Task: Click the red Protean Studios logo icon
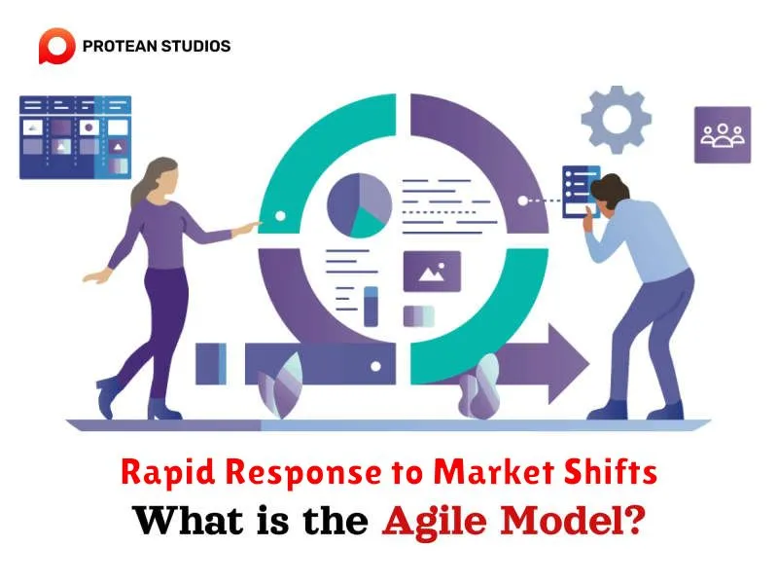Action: pos(56,46)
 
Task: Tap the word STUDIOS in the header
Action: pos(196,46)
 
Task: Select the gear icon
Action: pos(617,120)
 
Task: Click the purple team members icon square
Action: pos(723,134)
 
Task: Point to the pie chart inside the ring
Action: pos(359,205)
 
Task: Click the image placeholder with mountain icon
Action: pos(432,272)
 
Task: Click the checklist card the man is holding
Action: pos(580,192)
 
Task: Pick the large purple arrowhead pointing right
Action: pos(568,363)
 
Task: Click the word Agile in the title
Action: pos(435,521)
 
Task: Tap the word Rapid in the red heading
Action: pos(167,472)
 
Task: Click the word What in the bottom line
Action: pos(189,520)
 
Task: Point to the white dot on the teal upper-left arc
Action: pos(280,216)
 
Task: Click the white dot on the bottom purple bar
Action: pos(375,367)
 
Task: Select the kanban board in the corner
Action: pos(76,137)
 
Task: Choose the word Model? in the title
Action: pos(573,520)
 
